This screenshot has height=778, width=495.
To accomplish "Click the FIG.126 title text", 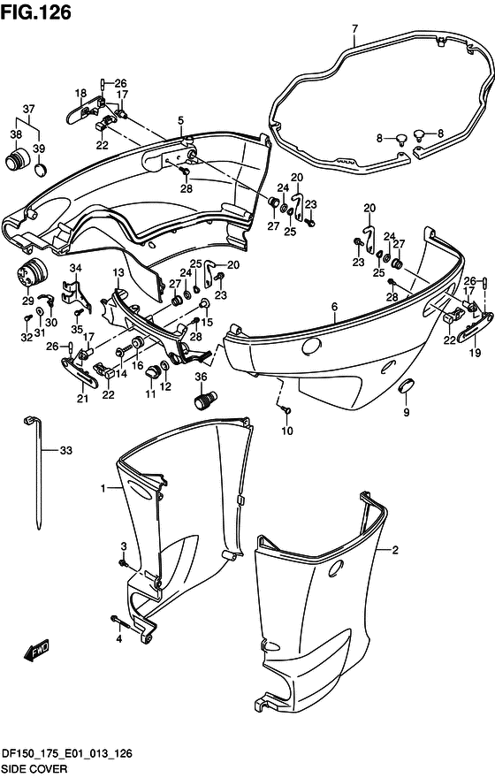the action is (36, 11).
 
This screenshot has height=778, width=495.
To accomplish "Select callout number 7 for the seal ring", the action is (354, 29).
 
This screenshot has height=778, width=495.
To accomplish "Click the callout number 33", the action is (66, 450).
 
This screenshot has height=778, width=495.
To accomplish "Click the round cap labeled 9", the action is (407, 385).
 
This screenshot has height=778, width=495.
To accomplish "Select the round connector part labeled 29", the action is (31, 271).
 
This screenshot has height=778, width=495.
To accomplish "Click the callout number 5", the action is (180, 120).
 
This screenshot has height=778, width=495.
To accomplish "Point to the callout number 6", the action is (335, 307).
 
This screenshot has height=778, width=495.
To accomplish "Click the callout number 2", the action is (395, 550).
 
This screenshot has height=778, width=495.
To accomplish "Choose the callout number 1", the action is (103, 489).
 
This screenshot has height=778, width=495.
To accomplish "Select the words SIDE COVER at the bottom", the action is (34, 769).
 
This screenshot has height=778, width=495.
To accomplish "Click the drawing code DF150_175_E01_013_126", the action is (67, 753).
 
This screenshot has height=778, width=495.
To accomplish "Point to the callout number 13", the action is (118, 272).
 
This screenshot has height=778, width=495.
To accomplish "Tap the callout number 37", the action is (29, 109).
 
